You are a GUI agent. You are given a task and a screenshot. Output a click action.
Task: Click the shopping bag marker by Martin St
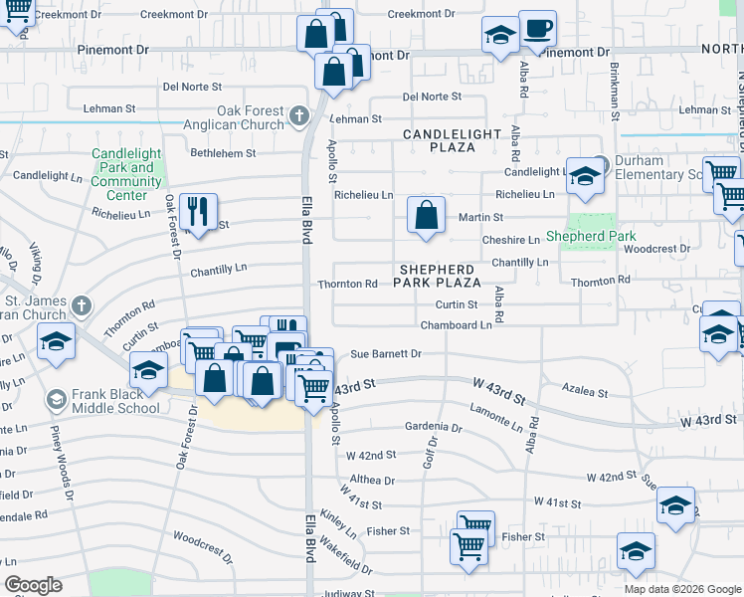(426, 215)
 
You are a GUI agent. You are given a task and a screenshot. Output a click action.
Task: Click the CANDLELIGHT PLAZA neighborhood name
(439, 139)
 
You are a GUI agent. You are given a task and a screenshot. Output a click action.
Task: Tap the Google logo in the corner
(33, 585)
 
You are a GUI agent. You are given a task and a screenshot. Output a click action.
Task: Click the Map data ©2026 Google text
(682, 589)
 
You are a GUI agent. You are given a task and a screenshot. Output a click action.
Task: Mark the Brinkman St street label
(616, 95)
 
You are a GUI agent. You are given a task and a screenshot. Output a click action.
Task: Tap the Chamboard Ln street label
(456, 324)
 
